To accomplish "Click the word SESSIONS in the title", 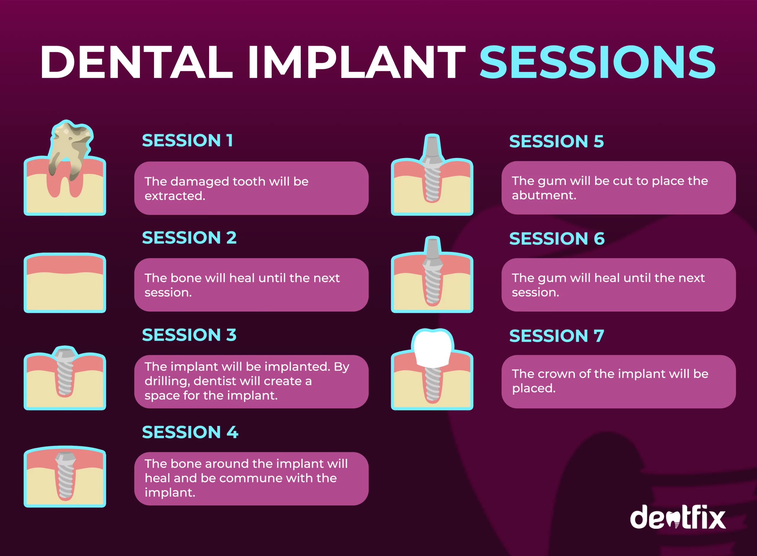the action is click(598, 62).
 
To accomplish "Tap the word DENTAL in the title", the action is click(136, 62).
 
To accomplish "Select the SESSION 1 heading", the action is click(187, 140).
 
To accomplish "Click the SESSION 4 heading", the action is click(190, 432).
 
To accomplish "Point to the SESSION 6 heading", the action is click(557, 239).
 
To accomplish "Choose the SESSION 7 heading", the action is click(557, 336).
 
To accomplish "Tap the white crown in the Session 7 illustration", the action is click(433, 348).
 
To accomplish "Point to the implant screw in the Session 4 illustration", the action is click(65, 475).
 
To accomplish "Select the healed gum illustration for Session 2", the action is click(65, 283).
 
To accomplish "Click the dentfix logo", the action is click(678, 517).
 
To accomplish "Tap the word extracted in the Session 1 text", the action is click(175, 196).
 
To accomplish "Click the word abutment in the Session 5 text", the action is click(544, 195).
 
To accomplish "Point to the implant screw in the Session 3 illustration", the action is click(65, 372).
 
